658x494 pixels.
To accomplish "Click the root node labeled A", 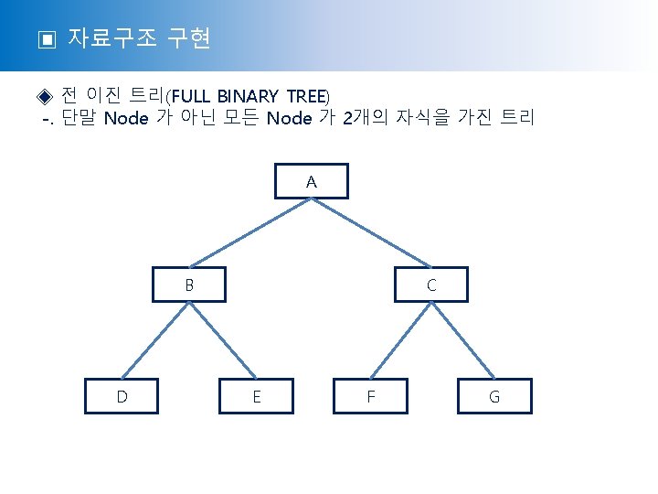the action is pos(312,182).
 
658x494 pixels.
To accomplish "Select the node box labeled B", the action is pos(189,285).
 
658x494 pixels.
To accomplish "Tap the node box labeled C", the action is pos(431,285).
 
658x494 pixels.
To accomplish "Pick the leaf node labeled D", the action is pos(122,396).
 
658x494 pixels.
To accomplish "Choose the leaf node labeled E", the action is pos(257,396).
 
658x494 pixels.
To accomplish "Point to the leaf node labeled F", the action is pos(370,396).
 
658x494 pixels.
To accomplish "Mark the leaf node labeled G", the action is pos(494,396).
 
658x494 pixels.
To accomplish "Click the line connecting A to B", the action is pos(250,232).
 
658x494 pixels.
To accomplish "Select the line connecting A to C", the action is pos(372,232).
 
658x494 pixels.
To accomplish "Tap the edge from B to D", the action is pos(155,339).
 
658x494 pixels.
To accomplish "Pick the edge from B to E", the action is pos(223,339).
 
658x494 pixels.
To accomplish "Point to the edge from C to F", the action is pos(400,339).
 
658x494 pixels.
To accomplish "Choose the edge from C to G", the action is pos(463,339).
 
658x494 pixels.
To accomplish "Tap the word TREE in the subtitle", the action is pos(308,96).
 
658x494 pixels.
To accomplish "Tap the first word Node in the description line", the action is pos(126,119).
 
